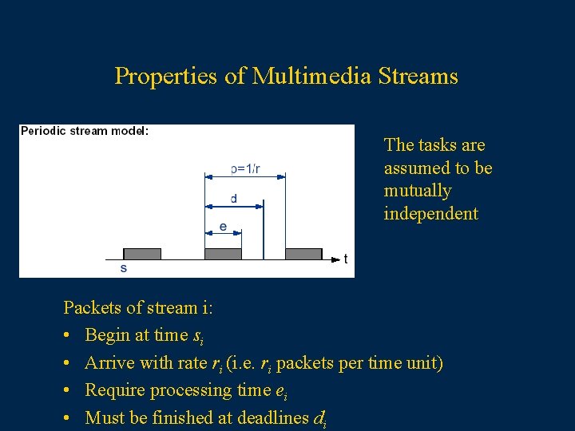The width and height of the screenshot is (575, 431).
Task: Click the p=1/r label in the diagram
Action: (245, 168)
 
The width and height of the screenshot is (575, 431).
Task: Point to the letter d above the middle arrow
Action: (233, 198)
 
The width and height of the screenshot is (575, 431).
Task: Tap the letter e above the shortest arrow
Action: (223, 227)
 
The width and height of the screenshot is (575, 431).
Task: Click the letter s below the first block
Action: (123, 268)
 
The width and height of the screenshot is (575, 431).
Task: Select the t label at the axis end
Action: (345, 259)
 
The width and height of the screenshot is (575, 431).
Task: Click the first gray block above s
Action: (142, 254)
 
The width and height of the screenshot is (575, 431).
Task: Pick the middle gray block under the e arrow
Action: (223, 254)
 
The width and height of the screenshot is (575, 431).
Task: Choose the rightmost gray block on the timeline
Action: (303, 254)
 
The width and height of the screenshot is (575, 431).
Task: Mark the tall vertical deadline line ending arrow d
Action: (264, 231)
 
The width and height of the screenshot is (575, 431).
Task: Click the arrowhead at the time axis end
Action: (335, 259)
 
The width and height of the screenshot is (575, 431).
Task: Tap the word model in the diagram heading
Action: (128, 131)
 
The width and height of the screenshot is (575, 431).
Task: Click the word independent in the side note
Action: (430, 214)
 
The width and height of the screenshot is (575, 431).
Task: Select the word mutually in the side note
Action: (418, 191)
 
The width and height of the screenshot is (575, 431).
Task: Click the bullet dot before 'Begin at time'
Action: (69, 335)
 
